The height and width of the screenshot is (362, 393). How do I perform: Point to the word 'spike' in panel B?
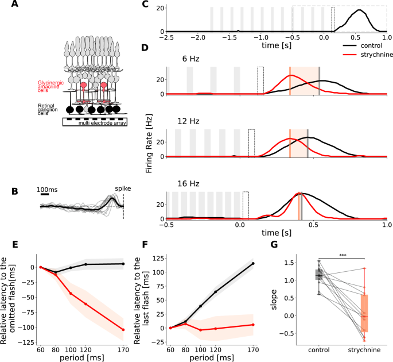click(x=122, y=187)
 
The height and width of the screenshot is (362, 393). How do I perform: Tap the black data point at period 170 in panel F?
click(x=253, y=264)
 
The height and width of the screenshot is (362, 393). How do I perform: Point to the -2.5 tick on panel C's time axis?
click(x=166, y=37)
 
